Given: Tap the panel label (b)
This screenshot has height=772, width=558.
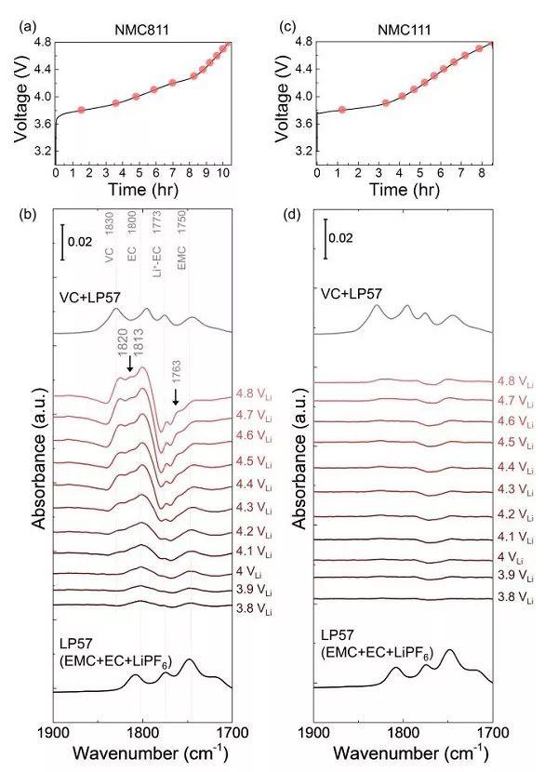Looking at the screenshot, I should [28, 216].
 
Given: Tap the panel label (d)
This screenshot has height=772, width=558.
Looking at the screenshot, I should [288, 216].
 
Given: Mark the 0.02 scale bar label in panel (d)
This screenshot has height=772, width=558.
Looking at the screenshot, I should [343, 237].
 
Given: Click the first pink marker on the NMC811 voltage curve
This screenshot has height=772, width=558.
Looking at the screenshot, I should [82, 110].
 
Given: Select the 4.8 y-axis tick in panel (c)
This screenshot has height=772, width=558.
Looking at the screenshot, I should [303, 42].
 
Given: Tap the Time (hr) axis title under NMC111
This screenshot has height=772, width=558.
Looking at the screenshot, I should [404, 191].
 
